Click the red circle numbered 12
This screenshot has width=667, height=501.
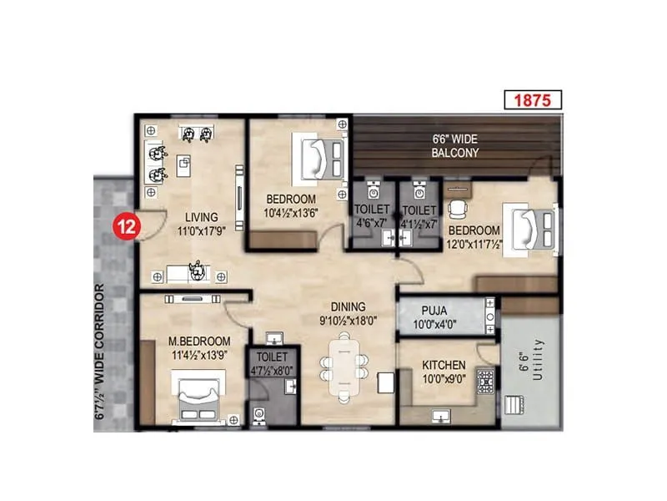pyautogui.click(x=127, y=225)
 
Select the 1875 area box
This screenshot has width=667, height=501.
pyautogui.click(x=533, y=101)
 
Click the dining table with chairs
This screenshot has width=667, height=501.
pyautogui.click(x=346, y=367)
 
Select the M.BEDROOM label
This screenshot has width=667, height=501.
pyautogui.click(x=198, y=342)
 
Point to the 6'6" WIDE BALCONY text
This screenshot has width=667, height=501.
pyautogui.click(x=454, y=146)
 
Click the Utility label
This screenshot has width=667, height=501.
pyautogui.click(x=538, y=359)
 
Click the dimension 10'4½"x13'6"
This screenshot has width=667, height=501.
pyautogui.click(x=291, y=212)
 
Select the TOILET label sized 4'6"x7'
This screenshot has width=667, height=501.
pyautogui.click(x=371, y=210)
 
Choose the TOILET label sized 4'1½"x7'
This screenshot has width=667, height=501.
pyautogui.click(x=418, y=210)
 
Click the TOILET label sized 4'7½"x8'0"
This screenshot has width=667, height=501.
pyautogui.click(x=272, y=357)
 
